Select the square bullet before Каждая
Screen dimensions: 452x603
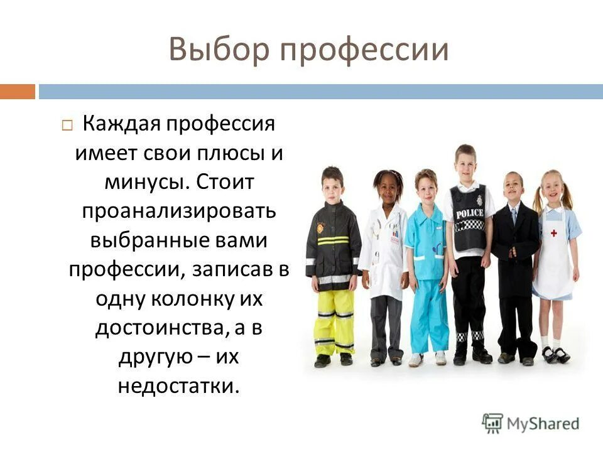(x=67, y=126)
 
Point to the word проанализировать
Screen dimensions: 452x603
(x=179, y=210)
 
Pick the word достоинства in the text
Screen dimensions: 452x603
(x=161, y=328)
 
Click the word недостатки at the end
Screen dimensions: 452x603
(x=179, y=385)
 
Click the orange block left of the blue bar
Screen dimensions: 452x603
(x=17, y=92)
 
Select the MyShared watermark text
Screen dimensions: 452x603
(x=543, y=422)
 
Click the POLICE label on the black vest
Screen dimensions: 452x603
(x=469, y=213)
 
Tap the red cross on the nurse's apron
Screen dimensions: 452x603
(x=554, y=233)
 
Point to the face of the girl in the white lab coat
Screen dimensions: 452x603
(x=388, y=186)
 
